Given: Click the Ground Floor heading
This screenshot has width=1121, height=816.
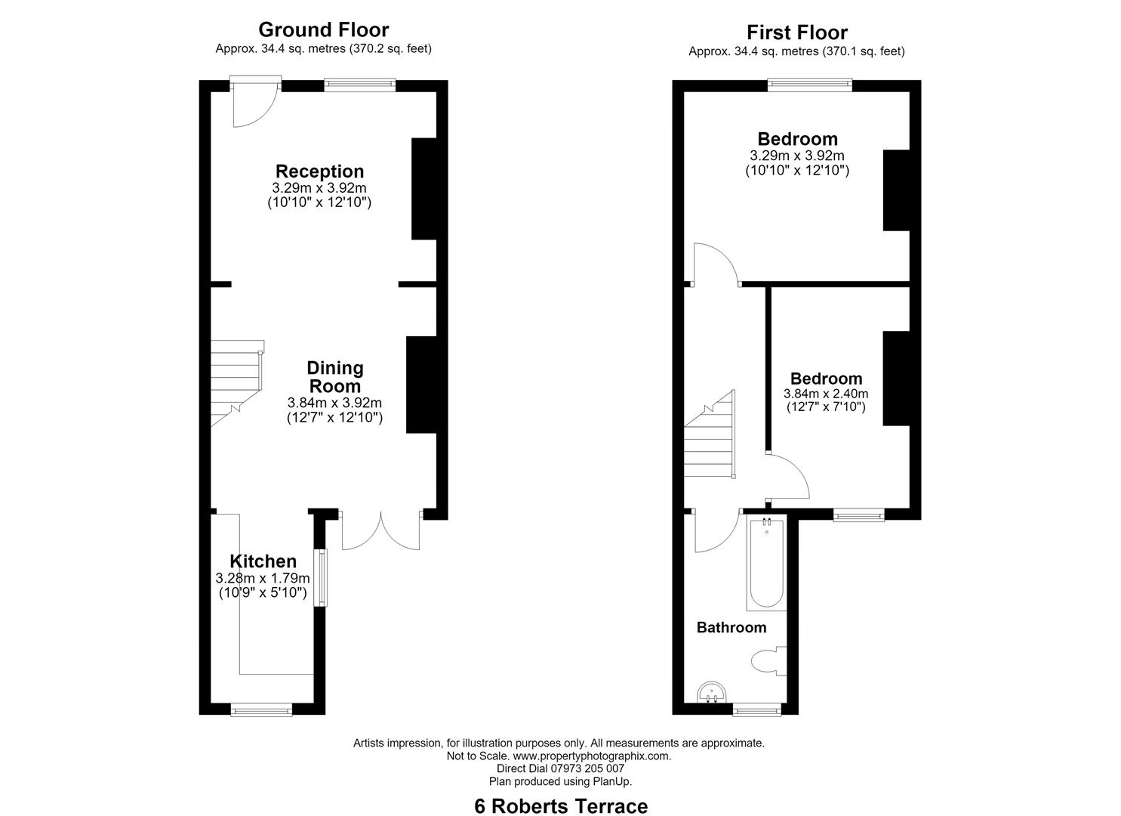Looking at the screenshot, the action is [x=323, y=30].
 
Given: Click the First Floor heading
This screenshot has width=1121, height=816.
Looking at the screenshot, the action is [x=797, y=32].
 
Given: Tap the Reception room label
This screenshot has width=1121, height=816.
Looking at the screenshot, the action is [x=320, y=172].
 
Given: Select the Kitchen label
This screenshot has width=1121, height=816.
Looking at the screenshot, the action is [x=263, y=561].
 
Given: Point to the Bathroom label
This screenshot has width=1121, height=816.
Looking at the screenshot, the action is [x=731, y=627].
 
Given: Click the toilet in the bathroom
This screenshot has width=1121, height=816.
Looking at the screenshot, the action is [x=768, y=660].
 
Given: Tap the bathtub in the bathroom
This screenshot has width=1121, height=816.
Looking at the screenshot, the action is [x=766, y=564].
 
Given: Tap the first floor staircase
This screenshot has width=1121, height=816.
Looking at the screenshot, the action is [x=710, y=434].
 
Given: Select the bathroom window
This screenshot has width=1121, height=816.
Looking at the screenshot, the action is [x=756, y=709].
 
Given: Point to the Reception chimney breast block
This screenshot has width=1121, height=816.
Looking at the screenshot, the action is [x=424, y=189].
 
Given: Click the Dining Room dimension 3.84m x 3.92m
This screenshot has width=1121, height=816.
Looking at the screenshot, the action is [x=334, y=402].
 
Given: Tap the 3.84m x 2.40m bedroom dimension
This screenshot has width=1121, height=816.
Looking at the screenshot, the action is [x=826, y=394].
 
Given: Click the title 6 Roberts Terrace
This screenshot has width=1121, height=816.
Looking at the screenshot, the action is [x=561, y=793].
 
